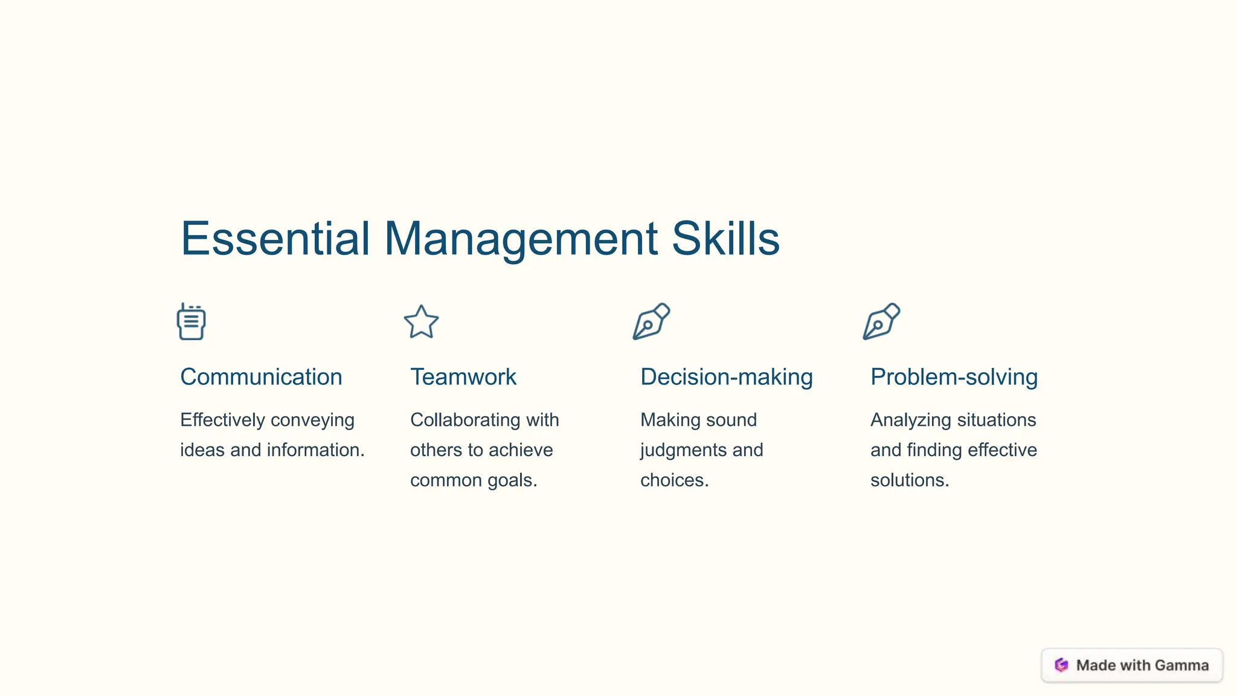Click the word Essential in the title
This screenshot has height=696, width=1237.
tap(275, 239)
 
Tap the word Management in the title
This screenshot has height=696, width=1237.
tap(521, 239)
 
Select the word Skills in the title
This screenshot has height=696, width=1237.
tap(725, 239)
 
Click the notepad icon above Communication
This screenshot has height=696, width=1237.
tap(191, 322)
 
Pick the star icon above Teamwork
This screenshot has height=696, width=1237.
tap(421, 322)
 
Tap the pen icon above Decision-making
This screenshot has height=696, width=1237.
tap(651, 321)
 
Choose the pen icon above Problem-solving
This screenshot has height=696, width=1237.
tap(881, 321)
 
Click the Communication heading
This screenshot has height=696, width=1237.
tap(261, 377)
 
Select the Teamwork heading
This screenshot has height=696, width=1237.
tap(463, 377)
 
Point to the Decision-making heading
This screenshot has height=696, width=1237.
tap(726, 377)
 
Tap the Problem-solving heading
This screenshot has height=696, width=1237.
tap(954, 377)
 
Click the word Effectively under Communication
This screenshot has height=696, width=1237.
tap(222, 420)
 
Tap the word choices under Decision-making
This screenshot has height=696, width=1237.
tap(674, 480)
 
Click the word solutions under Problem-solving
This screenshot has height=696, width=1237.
tap(910, 480)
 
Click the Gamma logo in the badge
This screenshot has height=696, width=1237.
tap(1061, 665)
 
